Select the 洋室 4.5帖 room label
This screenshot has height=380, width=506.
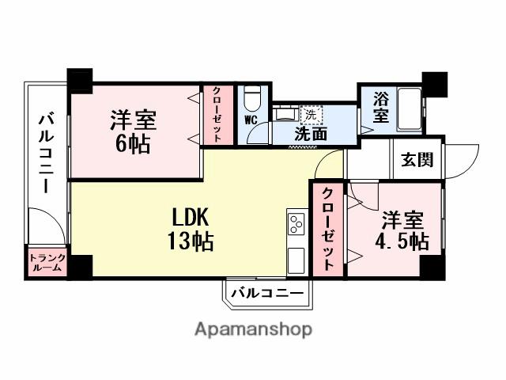(403, 230)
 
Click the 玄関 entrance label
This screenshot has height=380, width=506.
(417, 160)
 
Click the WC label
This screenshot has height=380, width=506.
(251, 120)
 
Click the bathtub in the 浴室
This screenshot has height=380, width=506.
(410, 111)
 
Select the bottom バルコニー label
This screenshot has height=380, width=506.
(267, 294)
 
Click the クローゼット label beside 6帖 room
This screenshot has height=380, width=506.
(217, 115)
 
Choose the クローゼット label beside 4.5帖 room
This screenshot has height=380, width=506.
(328, 230)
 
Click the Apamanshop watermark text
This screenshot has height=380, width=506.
(253, 329)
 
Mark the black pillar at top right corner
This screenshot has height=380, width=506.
(434, 82)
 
